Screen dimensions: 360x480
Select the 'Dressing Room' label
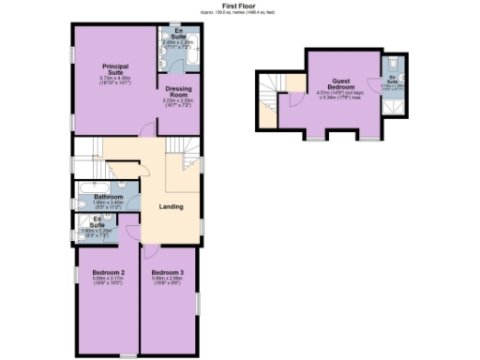pyautogui.click(x=178, y=92)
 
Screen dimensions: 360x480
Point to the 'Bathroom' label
pyautogui.click(x=108, y=196)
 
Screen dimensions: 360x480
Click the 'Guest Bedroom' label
pyautogui.click(x=337, y=85)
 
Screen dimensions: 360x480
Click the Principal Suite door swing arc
pyautogui.click(x=147, y=130)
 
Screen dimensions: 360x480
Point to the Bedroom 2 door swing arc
pyautogui.click(x=131, y=234)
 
